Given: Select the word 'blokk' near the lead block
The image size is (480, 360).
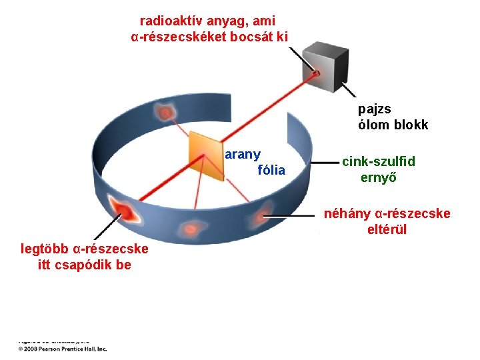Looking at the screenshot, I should pos(409,125).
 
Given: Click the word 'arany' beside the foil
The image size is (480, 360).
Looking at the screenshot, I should pos(243,154).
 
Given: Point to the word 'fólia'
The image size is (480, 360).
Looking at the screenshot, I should pos(271,171).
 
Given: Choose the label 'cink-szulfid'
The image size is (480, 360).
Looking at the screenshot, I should pos(378,162).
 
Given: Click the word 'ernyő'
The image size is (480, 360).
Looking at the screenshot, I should pos(379,177).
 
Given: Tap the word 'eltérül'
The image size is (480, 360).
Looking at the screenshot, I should pos(387,230).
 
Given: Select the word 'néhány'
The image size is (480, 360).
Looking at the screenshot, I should pos(347,214).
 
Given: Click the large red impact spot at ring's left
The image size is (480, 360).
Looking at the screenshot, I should pos(124,211).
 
